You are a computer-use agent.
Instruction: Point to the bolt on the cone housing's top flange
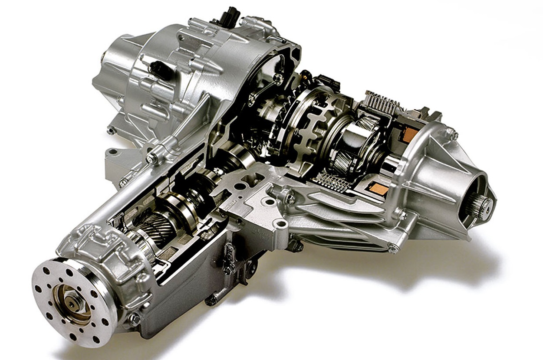tap(453, 135)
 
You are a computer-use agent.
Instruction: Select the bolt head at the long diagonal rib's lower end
tap(152, 159)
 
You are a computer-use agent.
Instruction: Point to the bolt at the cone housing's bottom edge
tap(393, 249)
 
